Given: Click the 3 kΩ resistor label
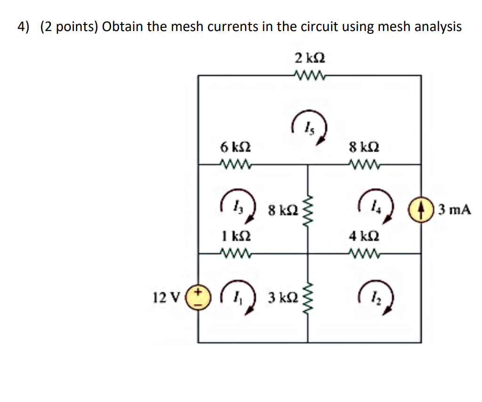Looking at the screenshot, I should click(281, 298).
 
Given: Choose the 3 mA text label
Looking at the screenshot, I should click(454, 209).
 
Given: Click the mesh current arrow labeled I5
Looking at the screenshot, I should click(309, 126).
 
